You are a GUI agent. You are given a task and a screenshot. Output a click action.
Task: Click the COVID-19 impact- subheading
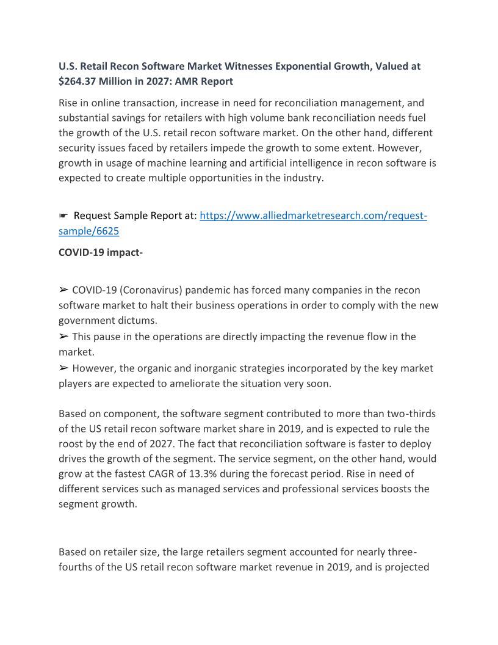coord(101,252)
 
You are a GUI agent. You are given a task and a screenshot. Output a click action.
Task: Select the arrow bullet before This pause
coord(63,337)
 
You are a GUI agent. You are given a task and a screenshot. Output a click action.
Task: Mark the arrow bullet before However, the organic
coord(63,368)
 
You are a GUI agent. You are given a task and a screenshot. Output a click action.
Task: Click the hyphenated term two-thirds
coord(406,414)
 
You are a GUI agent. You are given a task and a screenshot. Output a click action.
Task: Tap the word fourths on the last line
coord(76,567)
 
